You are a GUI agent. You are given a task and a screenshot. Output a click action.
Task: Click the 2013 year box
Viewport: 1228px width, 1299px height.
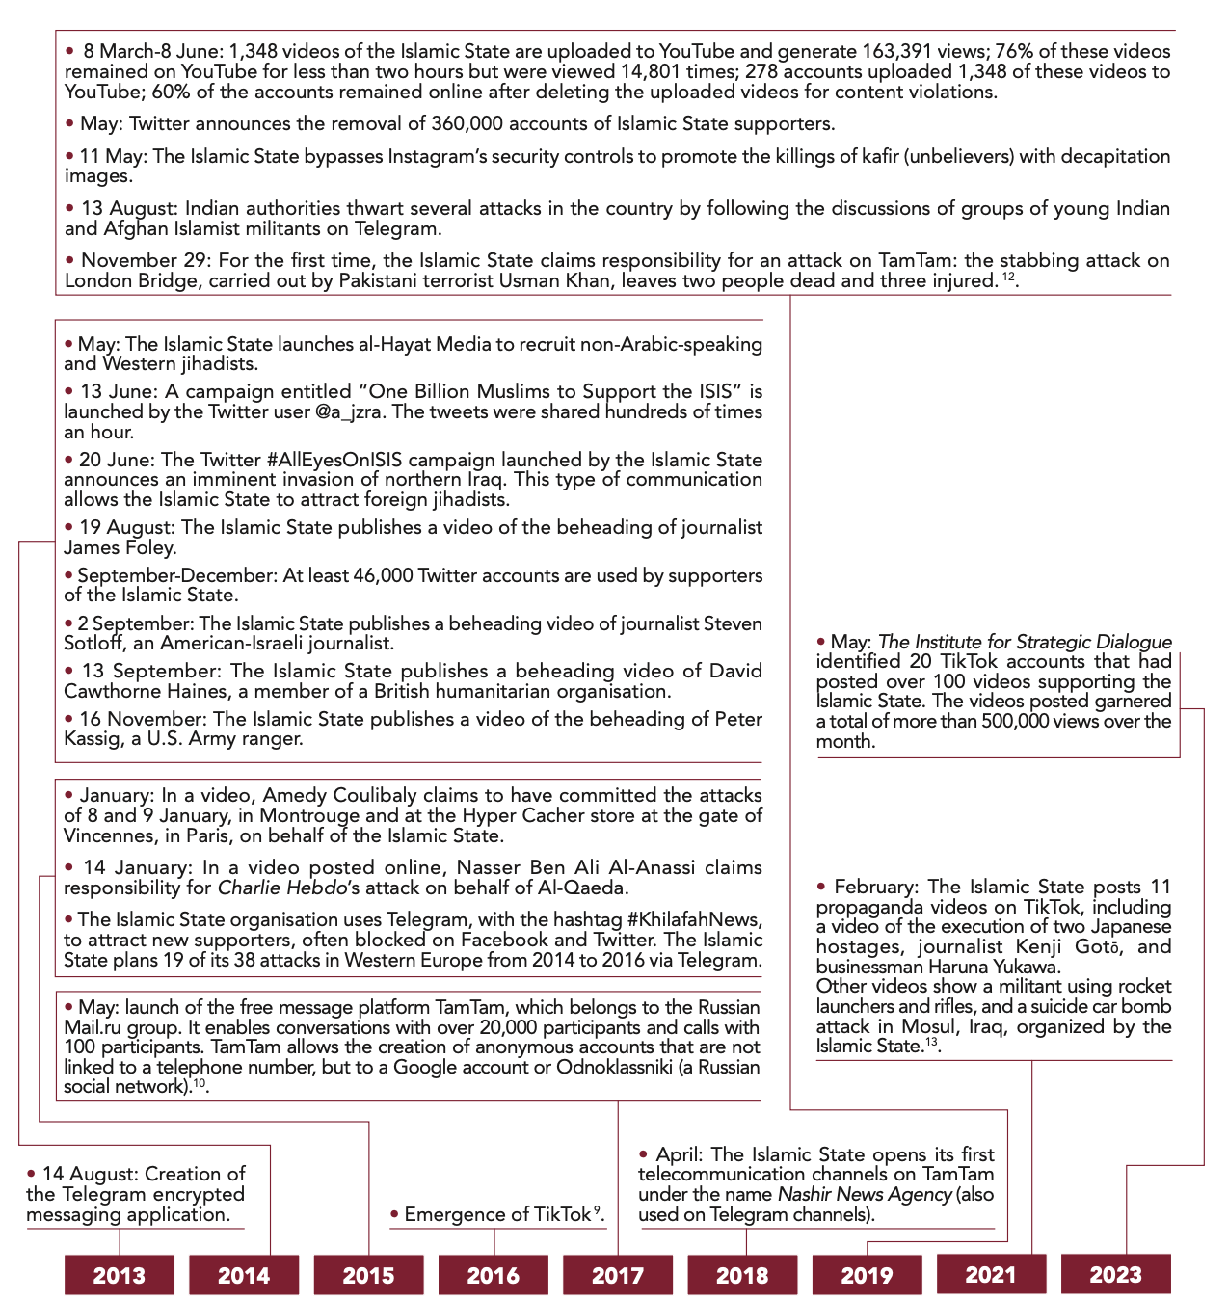tap(120, 1275)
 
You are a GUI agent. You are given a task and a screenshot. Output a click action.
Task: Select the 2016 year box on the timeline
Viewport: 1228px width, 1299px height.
tap(493, 1275)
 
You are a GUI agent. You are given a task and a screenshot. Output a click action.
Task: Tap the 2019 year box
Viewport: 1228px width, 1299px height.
tap(867, 1275)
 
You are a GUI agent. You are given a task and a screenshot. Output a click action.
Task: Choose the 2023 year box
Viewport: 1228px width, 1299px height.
tap(1115, 1275)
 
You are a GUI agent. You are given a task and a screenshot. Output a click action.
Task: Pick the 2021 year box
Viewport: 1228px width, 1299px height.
tap(991, 1274)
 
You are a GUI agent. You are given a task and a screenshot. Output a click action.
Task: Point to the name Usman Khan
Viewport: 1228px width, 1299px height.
tap(557, 280)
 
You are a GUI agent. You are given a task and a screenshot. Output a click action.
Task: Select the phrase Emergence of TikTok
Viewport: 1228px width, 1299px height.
tap(497, 1214)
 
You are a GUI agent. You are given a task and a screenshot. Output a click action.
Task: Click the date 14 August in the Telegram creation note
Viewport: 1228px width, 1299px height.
tap(88, 1174)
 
